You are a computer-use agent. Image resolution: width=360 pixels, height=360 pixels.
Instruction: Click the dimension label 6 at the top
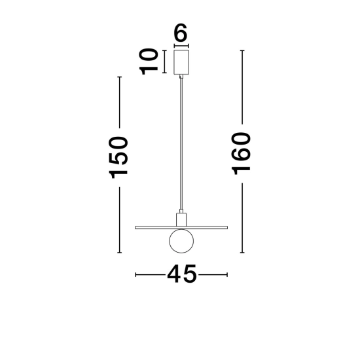click(181, 33)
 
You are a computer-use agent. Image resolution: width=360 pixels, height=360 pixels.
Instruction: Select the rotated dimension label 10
click(149, 62)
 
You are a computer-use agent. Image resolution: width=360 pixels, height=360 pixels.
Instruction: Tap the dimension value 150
click(118, 158)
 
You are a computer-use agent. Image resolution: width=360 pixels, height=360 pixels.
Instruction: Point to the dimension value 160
click(241, 154)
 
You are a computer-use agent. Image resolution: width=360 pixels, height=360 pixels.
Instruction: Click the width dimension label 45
click(182, 274)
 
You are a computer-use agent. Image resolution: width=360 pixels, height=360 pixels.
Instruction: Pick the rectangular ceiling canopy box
click(181, 62)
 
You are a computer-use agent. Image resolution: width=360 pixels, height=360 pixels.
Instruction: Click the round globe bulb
click(181, 241)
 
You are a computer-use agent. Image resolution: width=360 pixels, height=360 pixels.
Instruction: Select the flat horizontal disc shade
click(181, 228)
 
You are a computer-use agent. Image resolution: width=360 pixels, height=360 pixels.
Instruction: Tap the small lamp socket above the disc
click(181, 220)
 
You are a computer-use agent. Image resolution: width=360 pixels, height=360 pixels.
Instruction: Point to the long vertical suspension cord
click(181, 144)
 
